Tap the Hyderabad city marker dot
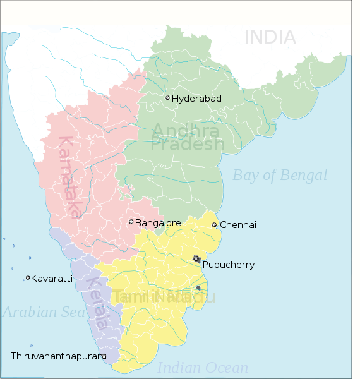point(167,97)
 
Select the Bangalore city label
point(158,223)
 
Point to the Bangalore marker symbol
point(131,222)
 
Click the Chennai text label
point(238,225)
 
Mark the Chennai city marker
point(214,225)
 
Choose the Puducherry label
point(229,265)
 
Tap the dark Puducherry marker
point(196,259)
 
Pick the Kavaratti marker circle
point(28,277)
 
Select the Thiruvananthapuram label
point(56,356)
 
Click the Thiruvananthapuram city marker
point(104,356)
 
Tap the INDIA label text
point(270,37)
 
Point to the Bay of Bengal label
point(280,175)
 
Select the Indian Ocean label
point(203,368)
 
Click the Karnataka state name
point(69,177)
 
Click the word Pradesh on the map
point(188,145)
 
